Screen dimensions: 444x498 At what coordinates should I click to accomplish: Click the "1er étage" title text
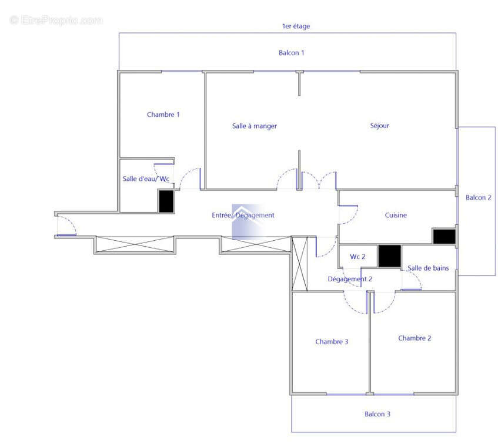coord(296,26)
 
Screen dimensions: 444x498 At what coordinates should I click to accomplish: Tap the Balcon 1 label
coord(292,53)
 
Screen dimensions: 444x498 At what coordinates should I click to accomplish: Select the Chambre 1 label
coord(163,115)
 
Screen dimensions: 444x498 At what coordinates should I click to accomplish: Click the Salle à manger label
coord(254,126)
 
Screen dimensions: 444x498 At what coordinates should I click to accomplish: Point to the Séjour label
coord(379,126)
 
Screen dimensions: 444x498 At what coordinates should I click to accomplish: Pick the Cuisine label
coord(396,216)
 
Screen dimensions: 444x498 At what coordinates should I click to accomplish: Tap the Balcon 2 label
coord(478,198)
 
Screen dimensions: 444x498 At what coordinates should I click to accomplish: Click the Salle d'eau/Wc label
coord(146,179)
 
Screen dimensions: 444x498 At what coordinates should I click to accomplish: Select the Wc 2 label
coord(357,257)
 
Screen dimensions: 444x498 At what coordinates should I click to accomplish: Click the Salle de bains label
coord(428,268)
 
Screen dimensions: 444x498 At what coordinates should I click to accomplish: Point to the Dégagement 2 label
coord(350,280)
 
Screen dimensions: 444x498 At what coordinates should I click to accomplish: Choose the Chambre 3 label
coord(332,342)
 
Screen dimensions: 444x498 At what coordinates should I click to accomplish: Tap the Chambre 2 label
coord(415,338)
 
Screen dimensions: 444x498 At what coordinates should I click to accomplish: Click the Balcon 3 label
coord(377,414)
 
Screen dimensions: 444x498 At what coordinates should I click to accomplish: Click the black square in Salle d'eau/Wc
coord(166,201)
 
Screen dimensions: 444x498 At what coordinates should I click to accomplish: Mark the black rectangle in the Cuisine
coord(444,236)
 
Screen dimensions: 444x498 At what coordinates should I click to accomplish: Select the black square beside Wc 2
coord(389,256)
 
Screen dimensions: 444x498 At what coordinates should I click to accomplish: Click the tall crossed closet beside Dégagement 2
coord(300,263)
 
